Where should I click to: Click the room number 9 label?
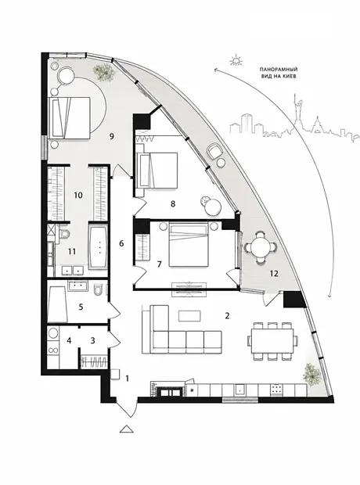[x=112, y=136]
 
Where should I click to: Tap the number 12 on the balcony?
[x=274, y=273]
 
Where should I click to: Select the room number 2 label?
[x=227, y=316]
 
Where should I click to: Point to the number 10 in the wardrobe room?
[x=78, y=196]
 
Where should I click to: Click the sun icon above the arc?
[x=236, y=60]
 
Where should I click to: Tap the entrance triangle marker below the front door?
[x=126, y=429]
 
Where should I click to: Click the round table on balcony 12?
[x=259, y=247]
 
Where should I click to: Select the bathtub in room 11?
[x=99, y=247]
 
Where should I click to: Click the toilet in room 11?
[x=64, y=234]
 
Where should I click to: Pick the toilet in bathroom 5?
[x=98, y=289]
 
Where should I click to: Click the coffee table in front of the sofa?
[x=189, y=316]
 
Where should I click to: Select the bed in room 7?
[x=188, y=246]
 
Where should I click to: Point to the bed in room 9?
[x=69, y=117]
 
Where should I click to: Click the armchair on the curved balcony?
[x=214, y=150]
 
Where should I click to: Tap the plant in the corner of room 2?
[x=311, y=375]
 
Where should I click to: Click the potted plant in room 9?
[x=103, y=72]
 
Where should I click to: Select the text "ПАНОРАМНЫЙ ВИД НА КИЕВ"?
[x=279, y=73]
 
